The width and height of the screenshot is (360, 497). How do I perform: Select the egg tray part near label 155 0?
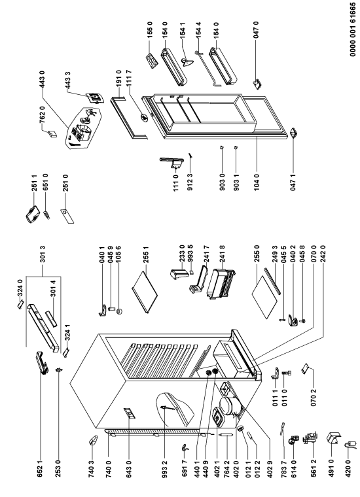tap(151, 60)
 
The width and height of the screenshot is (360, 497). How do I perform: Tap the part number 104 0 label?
tap(257, 182)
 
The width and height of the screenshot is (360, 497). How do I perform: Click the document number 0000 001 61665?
tap(353, 34)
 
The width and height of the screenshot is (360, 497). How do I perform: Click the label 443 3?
tap(67, 80)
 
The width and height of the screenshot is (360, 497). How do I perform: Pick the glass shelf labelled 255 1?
tap(144, 290)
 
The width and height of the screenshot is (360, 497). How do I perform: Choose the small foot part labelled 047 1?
tap(293, 133)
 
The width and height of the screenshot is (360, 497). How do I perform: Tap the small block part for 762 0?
tap(52, 135)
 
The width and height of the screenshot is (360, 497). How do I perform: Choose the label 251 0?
tap(65, 182)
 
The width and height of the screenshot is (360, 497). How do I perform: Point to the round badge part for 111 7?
tap(144, 118)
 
